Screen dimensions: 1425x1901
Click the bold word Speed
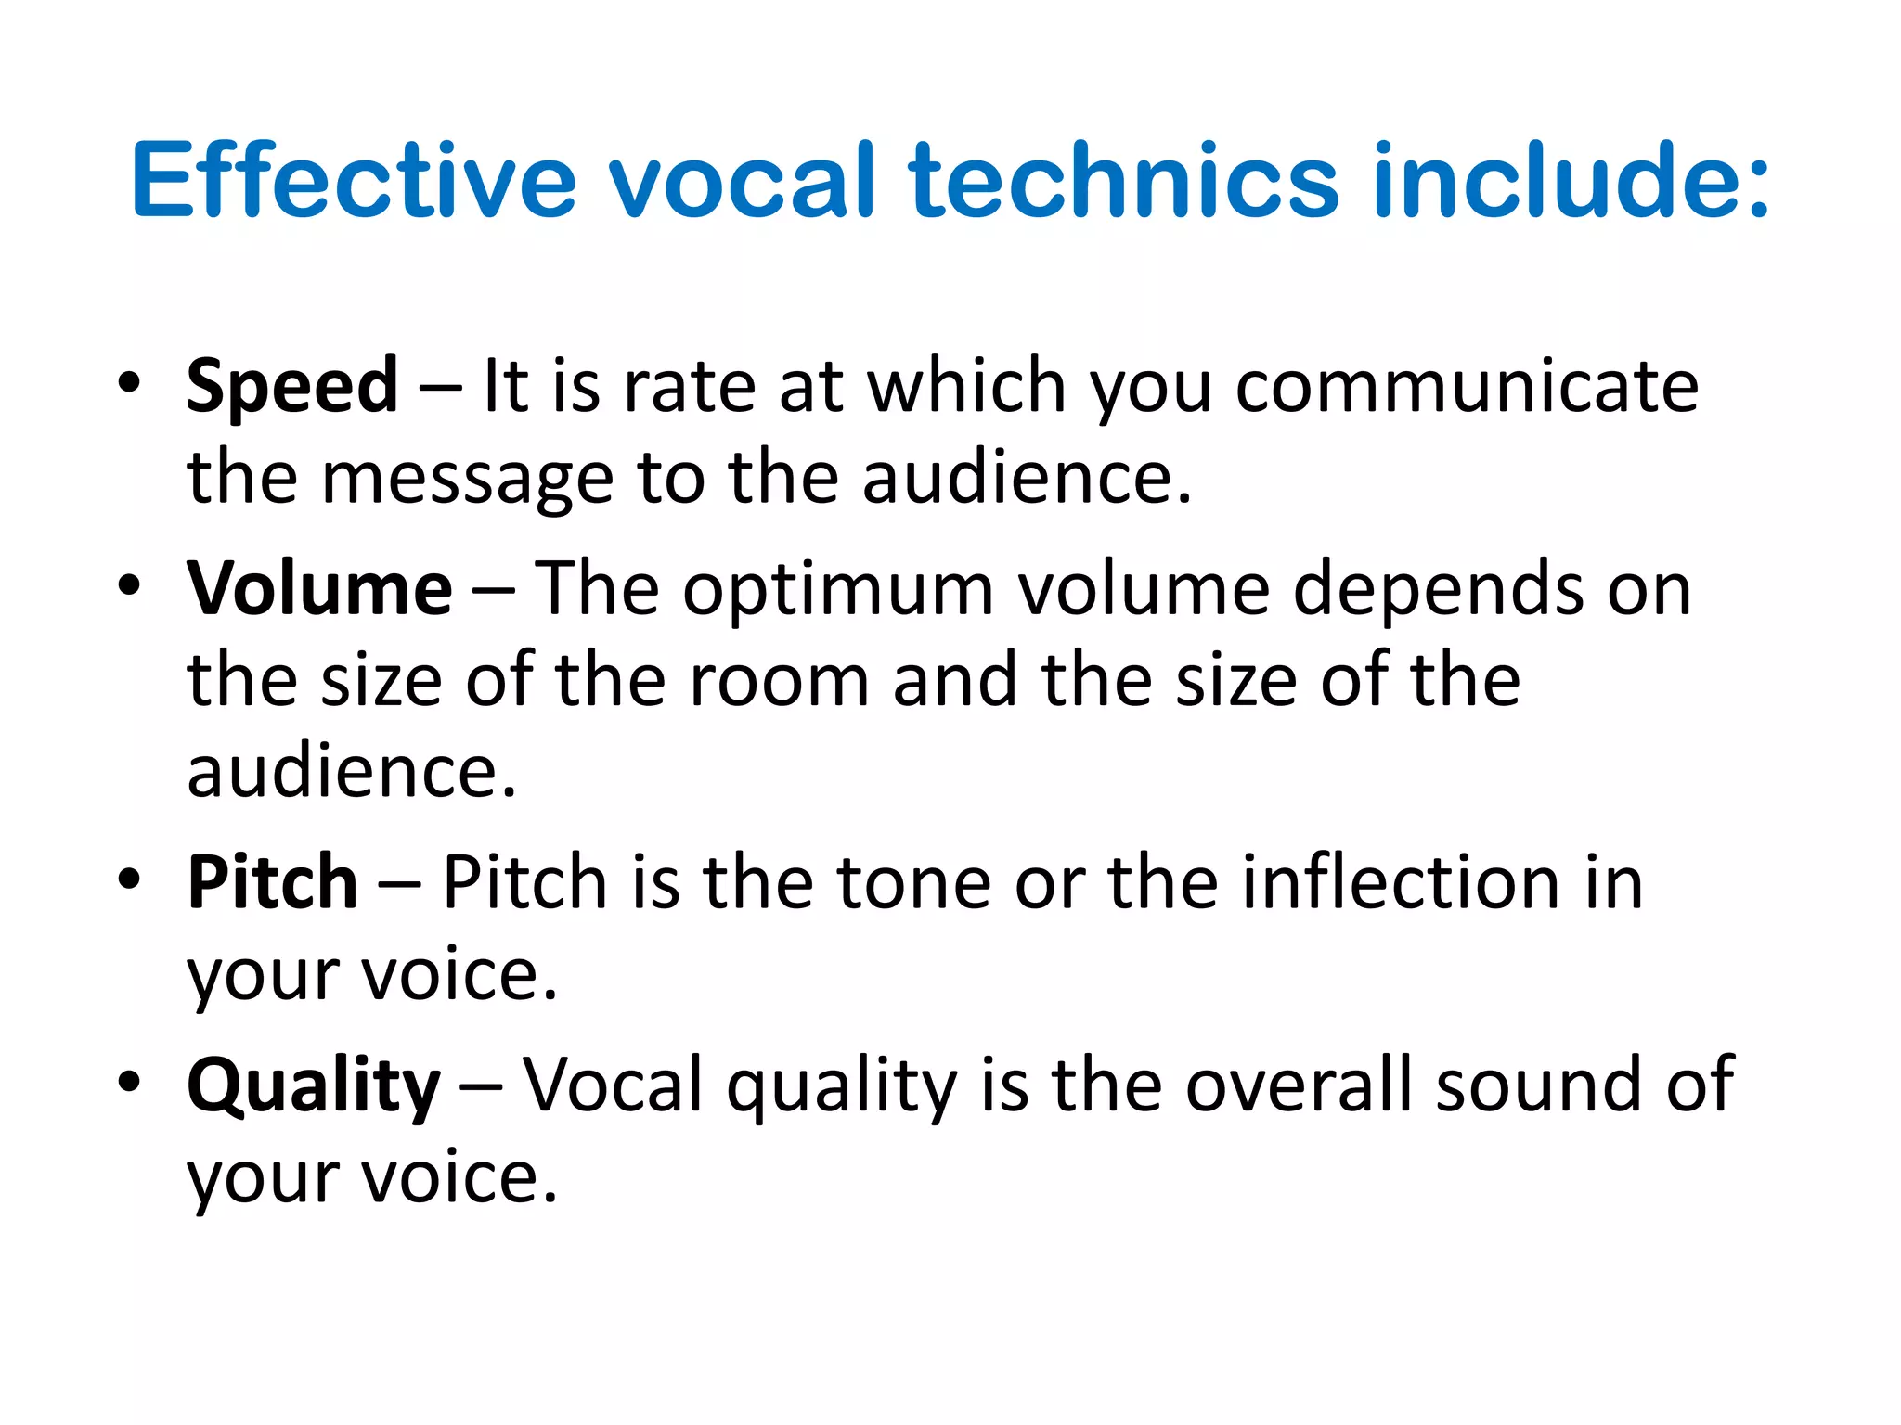(x=292, y=387)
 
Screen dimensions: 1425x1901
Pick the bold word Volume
(x=319, y=589)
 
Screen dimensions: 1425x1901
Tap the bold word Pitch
(x=272, y=882)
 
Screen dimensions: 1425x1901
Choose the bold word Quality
(x=314, y=1086)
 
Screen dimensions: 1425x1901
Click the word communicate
(x=1467, y=387)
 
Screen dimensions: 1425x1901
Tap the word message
(x=467, y=479)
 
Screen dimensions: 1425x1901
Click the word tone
(x=914, y=882)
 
